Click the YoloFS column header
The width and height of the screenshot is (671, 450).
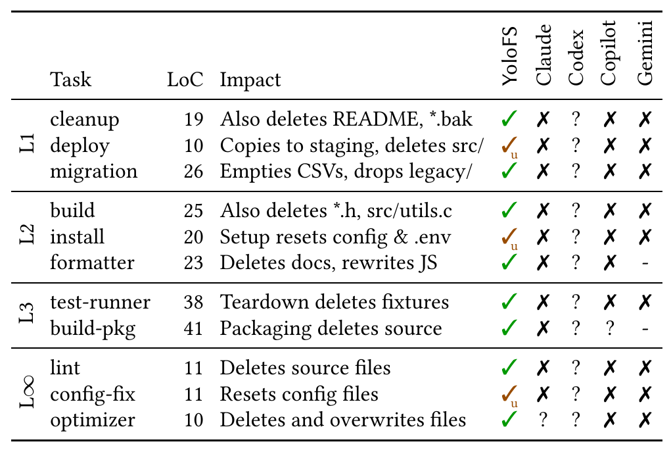click(x=509, y=56)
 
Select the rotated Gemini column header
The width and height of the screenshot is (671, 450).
click(x=645, y=53)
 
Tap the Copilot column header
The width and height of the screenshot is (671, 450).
click(x=608, y=53)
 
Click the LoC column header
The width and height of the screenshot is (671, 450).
click(x=185, y=80)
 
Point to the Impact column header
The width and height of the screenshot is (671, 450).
click(x=250, y=80)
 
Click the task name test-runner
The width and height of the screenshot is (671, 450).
click(x=100, y=302)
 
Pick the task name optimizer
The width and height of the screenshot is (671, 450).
click(x=93, y=420)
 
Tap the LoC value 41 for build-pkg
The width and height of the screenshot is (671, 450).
click(x=193, y=328)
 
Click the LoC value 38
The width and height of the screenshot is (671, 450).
click(x=193, y=302)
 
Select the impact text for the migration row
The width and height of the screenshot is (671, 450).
click(x=346, y=172)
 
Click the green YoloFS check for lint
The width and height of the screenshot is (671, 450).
click(x=509, y=368)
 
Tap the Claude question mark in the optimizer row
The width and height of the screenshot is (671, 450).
click(x=543, y=420)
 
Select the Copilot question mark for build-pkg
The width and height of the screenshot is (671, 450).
click(x=609, y=329)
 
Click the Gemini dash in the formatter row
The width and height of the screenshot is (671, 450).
click(x=645, y=264)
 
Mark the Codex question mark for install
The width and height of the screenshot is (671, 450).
click(x=576, y=237)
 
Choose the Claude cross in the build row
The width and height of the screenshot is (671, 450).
click(x=543, y=211)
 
